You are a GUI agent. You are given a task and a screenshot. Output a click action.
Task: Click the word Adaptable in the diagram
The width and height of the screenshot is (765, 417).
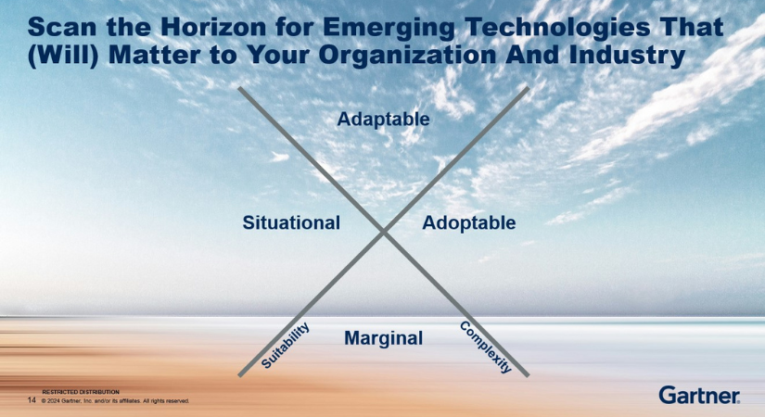click(x=383, y=120)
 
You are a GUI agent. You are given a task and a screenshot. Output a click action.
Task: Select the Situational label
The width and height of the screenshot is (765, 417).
click(x=291, y=222)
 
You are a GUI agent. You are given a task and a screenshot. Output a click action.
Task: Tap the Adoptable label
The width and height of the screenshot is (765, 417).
click(x=468, y=222)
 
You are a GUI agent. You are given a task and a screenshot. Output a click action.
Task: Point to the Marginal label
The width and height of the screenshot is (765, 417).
click(x=383, y=338)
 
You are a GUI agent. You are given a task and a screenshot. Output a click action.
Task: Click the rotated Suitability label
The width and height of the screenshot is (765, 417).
click(x=285, y=346)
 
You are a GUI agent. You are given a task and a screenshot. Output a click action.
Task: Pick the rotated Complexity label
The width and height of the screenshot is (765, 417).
click(x=486, y=347)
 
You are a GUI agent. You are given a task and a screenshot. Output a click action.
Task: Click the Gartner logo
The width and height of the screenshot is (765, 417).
click(x=699, y=396)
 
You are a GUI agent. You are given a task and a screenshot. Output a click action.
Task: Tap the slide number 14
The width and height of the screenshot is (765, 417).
click(x=32, y=400)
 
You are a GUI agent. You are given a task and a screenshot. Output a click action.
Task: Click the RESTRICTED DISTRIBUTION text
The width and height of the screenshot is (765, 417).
click(x=81, y=392)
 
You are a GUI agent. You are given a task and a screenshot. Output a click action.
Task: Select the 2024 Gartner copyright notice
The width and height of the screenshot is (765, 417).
click(x=116, y=401)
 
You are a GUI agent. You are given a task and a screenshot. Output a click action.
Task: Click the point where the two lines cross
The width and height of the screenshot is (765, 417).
click(x=383, y=232)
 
